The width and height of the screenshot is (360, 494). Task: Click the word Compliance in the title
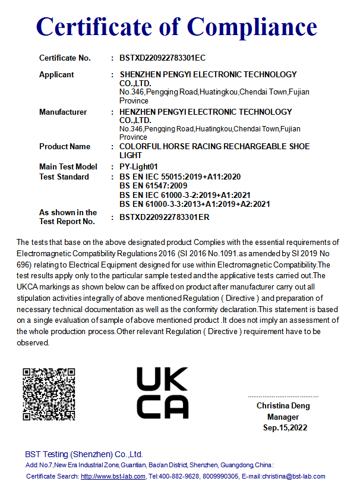click(x=253, y=27)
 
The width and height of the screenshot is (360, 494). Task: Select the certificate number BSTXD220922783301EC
click(x=162, y=58)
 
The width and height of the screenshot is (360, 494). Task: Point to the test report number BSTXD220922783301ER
click(x=164, y=217)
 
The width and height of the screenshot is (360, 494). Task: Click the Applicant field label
click(x=56, y=74)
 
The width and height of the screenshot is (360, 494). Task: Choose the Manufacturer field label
click(x=63, y=112)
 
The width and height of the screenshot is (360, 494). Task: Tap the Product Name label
click(x=65, y=146)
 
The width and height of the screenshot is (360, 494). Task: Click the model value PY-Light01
click(x=138, y=166)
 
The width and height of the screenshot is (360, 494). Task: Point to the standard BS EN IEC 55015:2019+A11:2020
click(x=179, y=177)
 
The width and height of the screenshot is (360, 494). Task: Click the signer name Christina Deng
click(x=283, y=406)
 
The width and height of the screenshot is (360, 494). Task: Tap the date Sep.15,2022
click(x=285, y=427)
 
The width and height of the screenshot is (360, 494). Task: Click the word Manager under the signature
click(x=283, y=417)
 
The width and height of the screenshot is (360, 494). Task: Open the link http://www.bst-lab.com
click(x=113, y=477)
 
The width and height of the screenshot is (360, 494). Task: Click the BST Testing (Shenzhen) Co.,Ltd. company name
click(x=84, y=454)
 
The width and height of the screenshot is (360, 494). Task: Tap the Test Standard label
click(x=64, y=177)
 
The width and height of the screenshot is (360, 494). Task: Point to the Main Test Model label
click(x=68, y=166)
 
